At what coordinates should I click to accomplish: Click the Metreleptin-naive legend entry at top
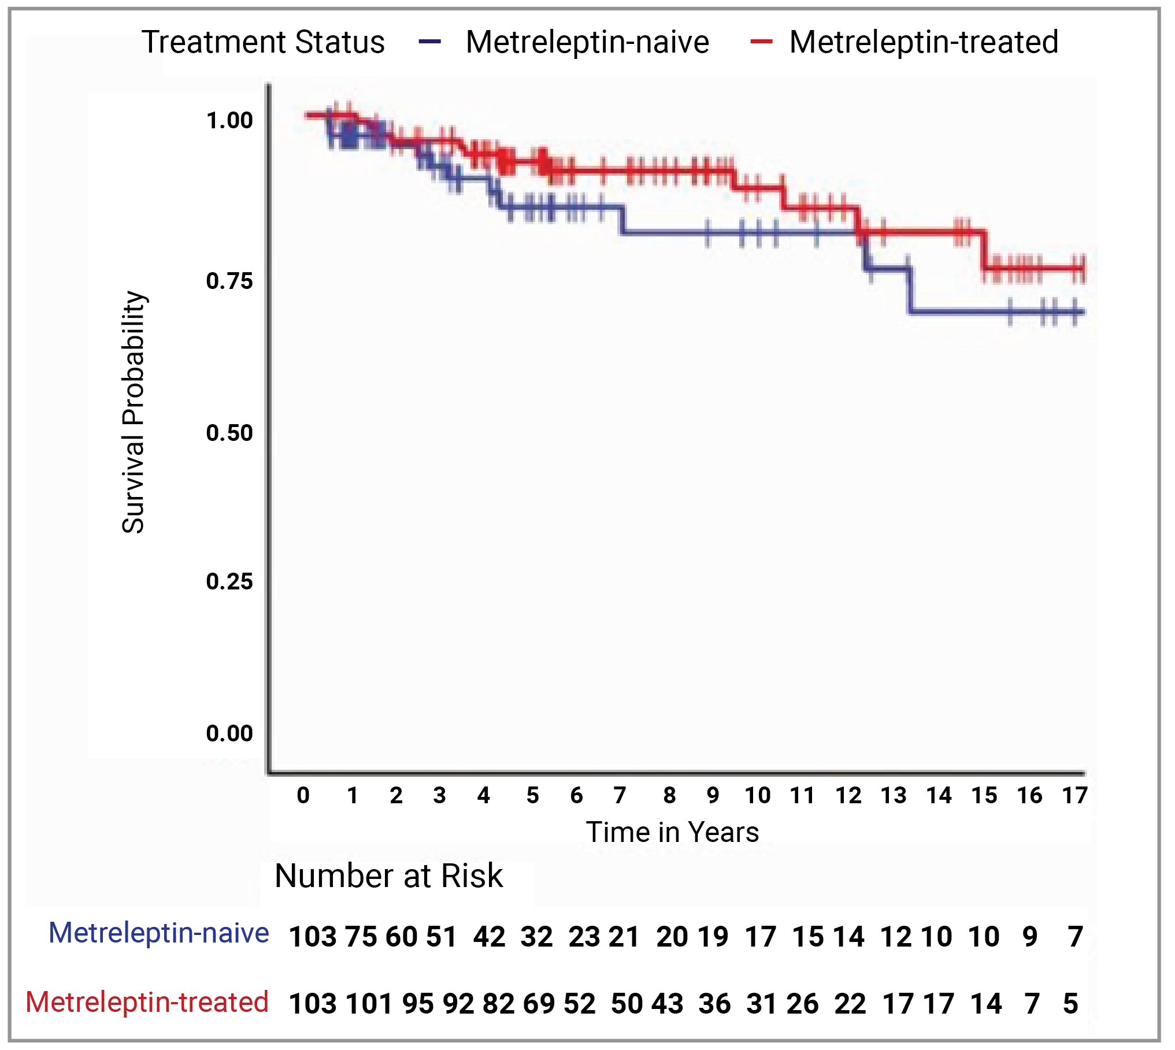pyautogui.click(x=587, y=42)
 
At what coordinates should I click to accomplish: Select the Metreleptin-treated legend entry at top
pyautogui.click(x=923, y=42)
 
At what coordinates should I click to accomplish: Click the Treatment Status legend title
pyautogui.click(x=263, y=42)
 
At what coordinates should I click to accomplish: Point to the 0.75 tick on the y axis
pyautogui.click(x=229, y=281)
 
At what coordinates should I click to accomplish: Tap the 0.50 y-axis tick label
pyautogui.click(x=229, y=433)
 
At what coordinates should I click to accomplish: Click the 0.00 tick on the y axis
pyautogui.click(x=229, y=733)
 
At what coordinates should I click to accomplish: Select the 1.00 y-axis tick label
pyautogui.click(x=229, y=120)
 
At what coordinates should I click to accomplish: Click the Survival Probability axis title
pyautogui.click(x=133, y=412)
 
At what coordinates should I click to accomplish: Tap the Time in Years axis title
pyautogui.click(x=672, y=833)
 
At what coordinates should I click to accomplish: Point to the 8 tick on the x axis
pyautogui.click(x=669, y=796)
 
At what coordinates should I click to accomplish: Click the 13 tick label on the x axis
pyautogui.click(x=894, y=796)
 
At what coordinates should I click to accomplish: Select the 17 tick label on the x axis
pyautogui.click(x=1074, y=796)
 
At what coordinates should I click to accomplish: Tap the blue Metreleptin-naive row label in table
pyautogui.click(x=158, y=933)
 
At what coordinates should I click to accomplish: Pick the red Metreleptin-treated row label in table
pyautogui.click(x=147, y=1002)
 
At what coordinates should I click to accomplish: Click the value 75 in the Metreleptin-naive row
pyautogui.click(x=361, y=937)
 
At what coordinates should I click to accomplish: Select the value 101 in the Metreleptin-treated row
pyautogui.click(x=370, y=1004)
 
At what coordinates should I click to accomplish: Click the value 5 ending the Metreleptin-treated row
pyautogui.click(x=1070, y=1004)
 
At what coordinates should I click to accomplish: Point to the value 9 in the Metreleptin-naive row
pyautogui.click(x=1030, y=937)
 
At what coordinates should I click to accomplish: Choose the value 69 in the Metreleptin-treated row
pyautogui.click(x=539, y=1004)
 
